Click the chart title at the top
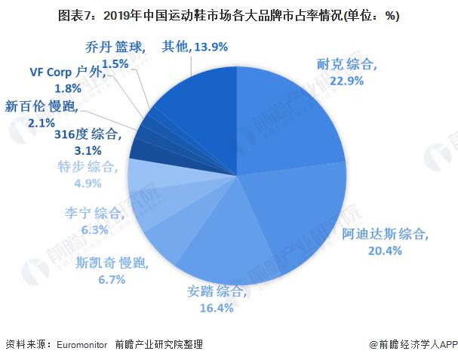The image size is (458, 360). [x=229, y=15]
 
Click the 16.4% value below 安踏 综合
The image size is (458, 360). [x=215, y=307]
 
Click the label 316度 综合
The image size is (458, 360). [x=87, y=135]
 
